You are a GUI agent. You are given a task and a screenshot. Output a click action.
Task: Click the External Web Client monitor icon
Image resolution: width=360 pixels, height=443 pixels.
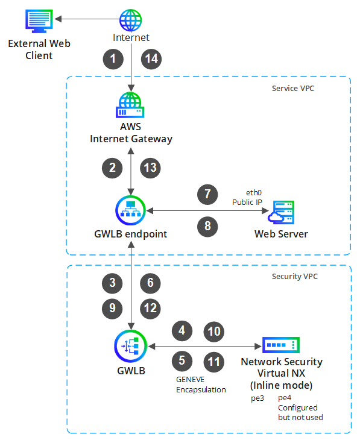pyautogui.click(x=39, y=21)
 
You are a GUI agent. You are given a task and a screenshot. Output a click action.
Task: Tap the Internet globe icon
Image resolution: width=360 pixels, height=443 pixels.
pyautogui.click(x=130, y=20)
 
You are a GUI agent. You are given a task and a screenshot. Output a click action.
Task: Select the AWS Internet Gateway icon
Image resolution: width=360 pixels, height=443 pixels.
pyautogui.click(x=130, y=105)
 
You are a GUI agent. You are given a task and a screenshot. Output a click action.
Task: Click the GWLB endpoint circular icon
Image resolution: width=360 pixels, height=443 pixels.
pyautogui.click(x=130, y=210)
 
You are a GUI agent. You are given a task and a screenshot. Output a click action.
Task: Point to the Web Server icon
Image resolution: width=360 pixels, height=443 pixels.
pyautogui.click(x=281, y=212)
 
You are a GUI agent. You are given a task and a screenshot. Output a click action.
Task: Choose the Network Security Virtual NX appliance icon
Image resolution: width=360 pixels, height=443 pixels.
pyautogui.click(x=281, y=345)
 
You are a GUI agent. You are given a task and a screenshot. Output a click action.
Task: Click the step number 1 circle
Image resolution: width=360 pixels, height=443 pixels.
pyautogui.click(x=113, y=59)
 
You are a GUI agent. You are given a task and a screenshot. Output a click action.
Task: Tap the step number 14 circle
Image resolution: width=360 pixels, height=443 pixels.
pyautogui.click(x=151, y=59)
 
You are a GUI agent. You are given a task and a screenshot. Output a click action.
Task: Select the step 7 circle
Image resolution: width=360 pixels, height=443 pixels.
pyautogui.click(x=207, y=194)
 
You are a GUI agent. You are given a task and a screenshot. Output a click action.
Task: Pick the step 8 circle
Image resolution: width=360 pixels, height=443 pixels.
pyautogui.click(x=207, y=226)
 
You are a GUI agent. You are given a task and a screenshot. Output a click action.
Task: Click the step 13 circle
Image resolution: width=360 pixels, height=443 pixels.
pyautogui.click(x=150, y=168)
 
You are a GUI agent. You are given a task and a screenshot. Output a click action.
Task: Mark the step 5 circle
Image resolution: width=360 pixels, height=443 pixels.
pyautogui.click(x=182, y=361)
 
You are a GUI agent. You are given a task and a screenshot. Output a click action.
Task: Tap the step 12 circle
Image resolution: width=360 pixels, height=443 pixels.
pyautogui.click(x=150, y=309)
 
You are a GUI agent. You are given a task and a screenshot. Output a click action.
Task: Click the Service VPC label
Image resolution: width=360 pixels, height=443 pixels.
pyautogui.click(x=292, y=89)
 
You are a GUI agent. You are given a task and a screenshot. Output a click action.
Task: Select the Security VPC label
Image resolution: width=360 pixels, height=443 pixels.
pyautogui.click(x=295, y=276)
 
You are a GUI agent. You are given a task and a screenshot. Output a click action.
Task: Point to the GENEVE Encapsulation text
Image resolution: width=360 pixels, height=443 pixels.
pyautogui.click(x=201, y=385)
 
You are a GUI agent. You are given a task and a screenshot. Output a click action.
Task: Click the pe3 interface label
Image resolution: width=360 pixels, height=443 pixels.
pyautogui.click(x=257, y=398)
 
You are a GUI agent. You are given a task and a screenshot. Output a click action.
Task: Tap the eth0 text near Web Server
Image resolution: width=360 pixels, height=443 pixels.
pyautogui.click(x=254, y=193)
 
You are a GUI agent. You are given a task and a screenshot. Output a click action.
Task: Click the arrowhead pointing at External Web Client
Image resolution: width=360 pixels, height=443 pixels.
pyautogui.click(x=58, y=19)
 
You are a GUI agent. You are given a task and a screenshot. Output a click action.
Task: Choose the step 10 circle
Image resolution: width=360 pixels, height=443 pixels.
pyautogui.click(x=214, y=331)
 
